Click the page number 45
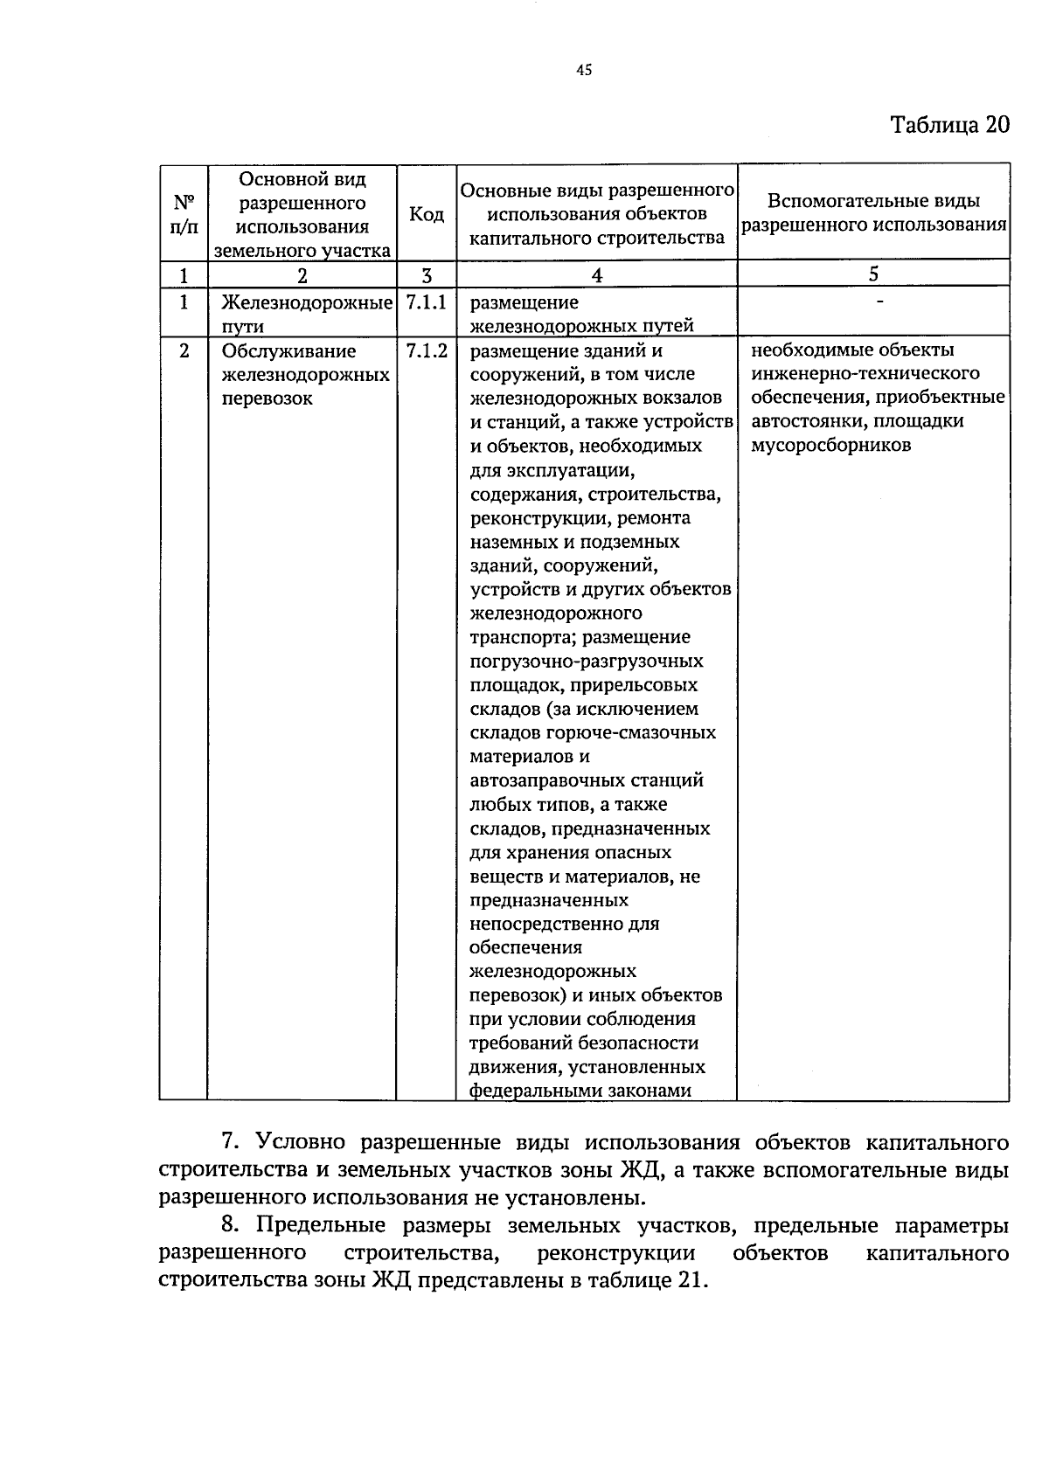tap(585, 71)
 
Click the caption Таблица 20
tap(949, 124)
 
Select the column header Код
tap(426, 214)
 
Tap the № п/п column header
tap(183, 214)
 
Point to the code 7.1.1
tap(426, 303)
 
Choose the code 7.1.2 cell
tap(426, 351)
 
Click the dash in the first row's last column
tap(879, 301)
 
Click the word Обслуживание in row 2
tap(288, 351)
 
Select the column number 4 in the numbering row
tap(596, 275)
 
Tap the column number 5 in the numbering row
tap(873, 274)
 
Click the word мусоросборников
tap(830, 446)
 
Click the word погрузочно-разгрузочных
tap(586, 662)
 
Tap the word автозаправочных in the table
tap(542, 780)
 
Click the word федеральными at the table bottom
tap(530, 1091)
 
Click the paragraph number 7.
tap(230, 1143)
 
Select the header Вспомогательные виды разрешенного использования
tap(873, 213)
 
